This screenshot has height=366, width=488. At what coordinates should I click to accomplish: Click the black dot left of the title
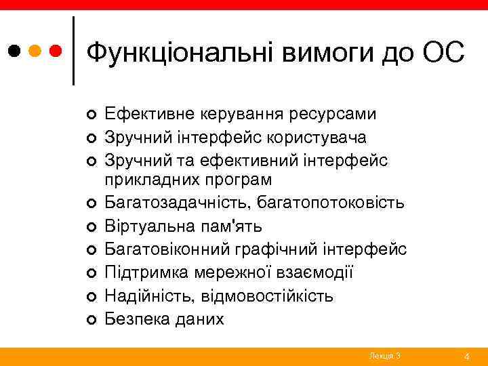pyautogui.click(x=14, y=50)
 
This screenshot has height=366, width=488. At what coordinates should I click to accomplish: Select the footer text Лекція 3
pyautogui.click(x=385, y=356)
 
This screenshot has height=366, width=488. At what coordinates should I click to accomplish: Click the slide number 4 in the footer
pyautogui.click(x=467, y=356)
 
